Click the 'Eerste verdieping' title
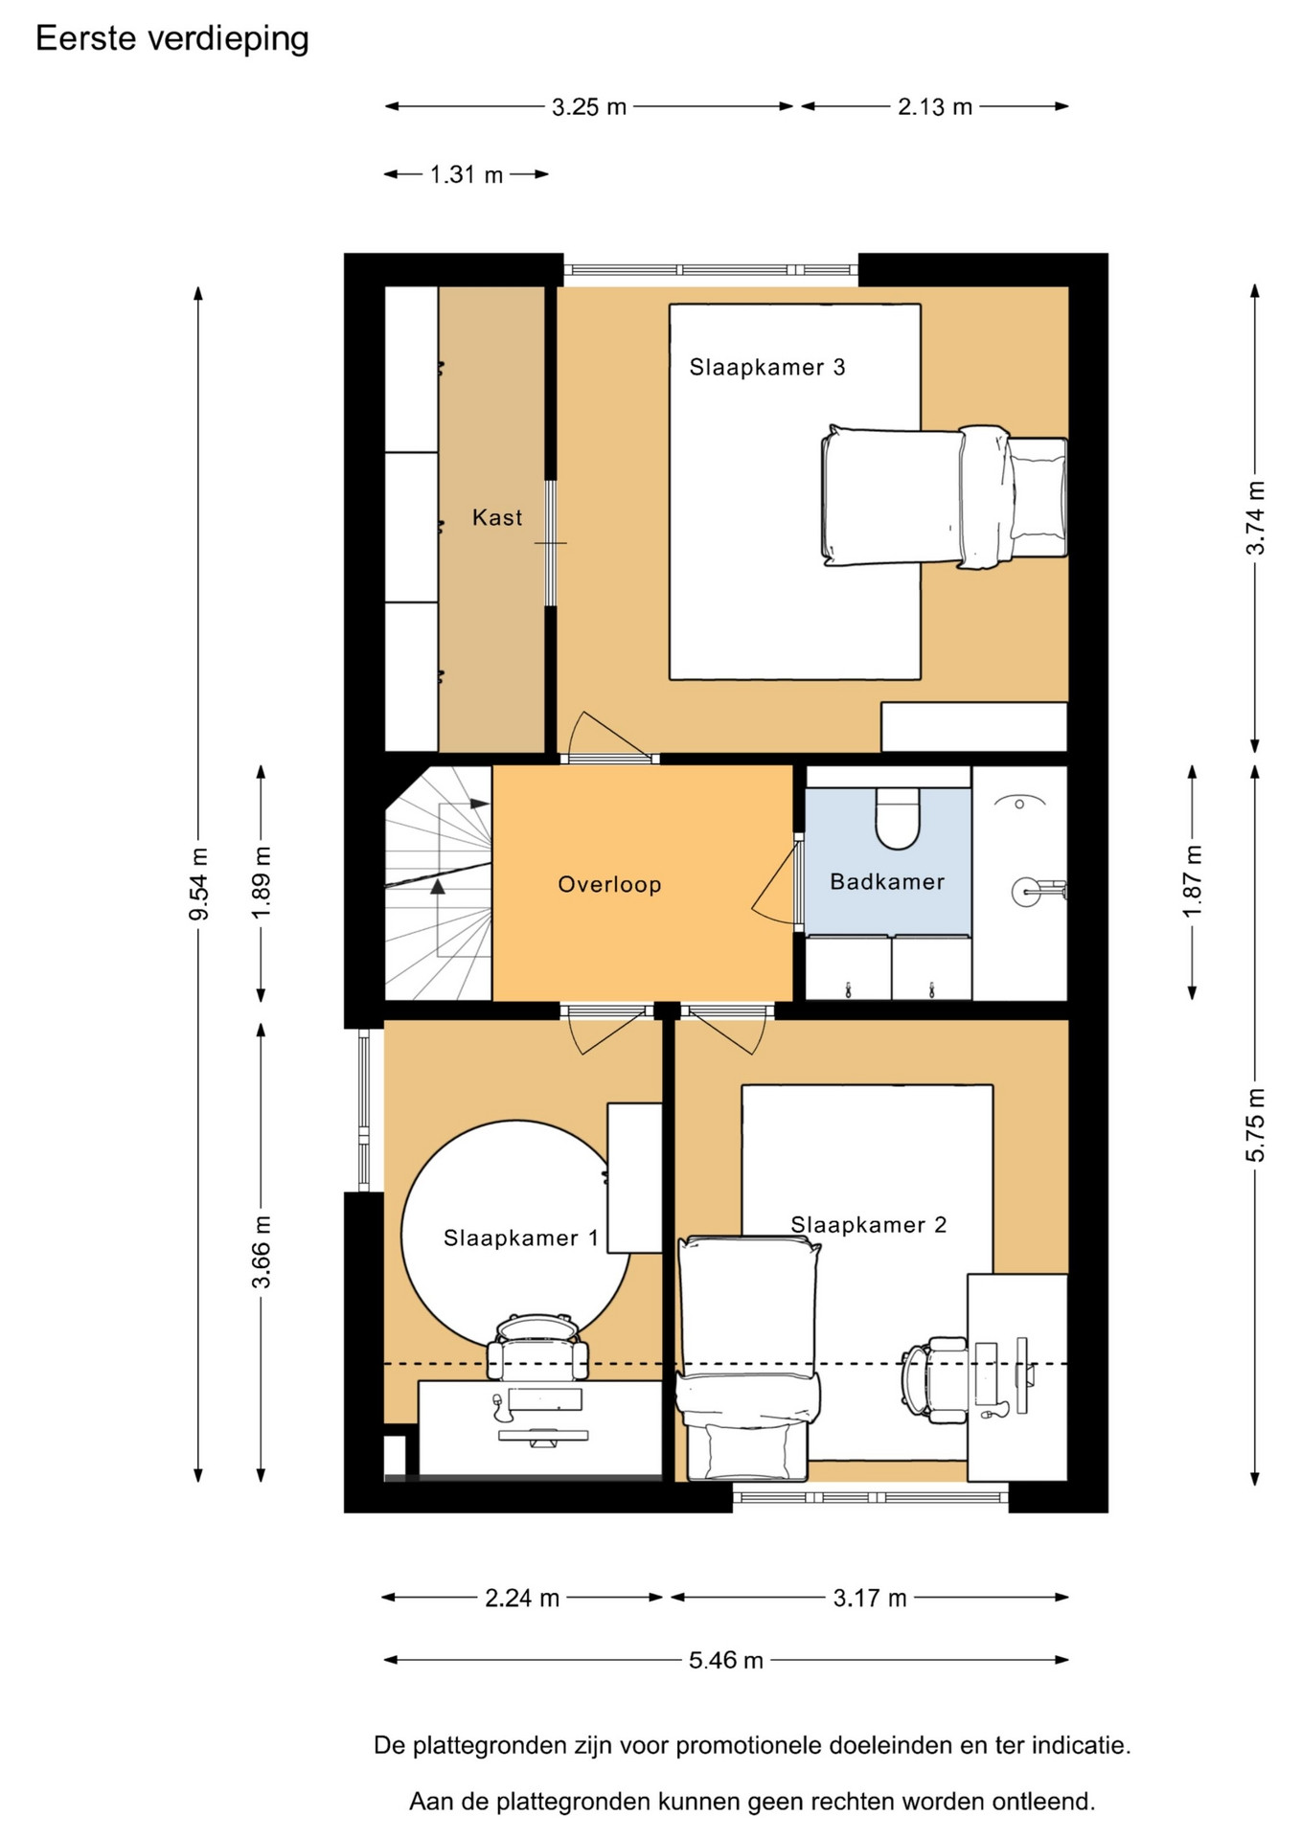pos(172,39)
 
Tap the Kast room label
pos(497,518)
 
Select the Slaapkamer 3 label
pos(767,367)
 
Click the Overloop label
pos(609,884)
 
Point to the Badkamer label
pos(887,881)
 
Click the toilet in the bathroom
pos(898,819)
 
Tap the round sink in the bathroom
pos(1026,892)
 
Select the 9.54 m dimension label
pos(198,884)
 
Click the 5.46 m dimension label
pos(726,1660)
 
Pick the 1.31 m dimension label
pos(467,174)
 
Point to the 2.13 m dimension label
pos(935,106)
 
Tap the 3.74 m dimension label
pos(1255,518)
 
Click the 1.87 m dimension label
pos(1192,881)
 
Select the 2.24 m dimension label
pos(522,1598)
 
